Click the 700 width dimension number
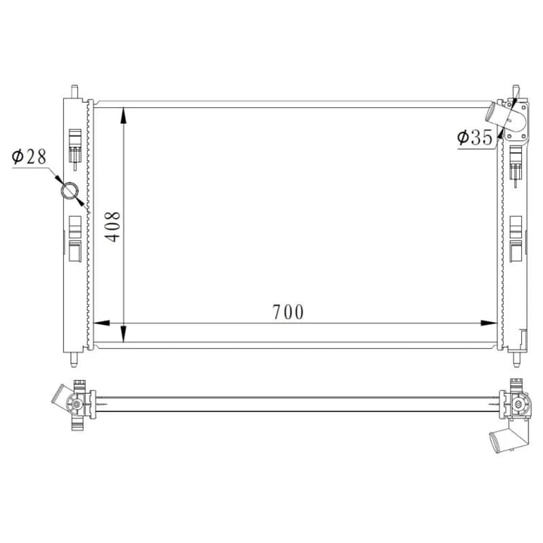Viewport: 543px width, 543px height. [x=287, y=311]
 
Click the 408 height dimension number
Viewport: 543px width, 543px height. [x=112, y=227]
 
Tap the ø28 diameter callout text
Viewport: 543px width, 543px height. [x=29, y=156]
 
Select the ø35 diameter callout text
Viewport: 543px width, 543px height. [x=474, y=137]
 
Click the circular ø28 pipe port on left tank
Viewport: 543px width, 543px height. [x=70, y=191]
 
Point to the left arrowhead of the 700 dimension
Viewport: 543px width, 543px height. [x=101, y=323]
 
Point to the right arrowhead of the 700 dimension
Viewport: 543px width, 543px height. [x=489, y=323]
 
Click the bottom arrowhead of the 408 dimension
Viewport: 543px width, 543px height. [x=124, y=334]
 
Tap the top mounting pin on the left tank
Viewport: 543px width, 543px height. [x=75, y=91]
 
